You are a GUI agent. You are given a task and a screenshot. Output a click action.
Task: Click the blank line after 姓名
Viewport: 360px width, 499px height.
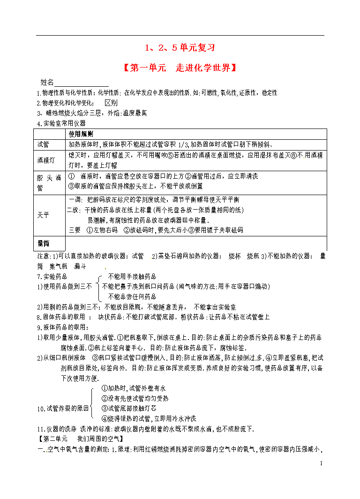click(82, 83)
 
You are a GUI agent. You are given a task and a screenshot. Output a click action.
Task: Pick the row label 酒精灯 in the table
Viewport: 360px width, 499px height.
click(46, 160)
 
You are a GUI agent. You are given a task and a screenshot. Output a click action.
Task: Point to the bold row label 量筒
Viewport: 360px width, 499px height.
click(44, 243)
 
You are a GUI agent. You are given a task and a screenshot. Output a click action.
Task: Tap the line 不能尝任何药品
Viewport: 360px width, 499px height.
click(132, 296)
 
